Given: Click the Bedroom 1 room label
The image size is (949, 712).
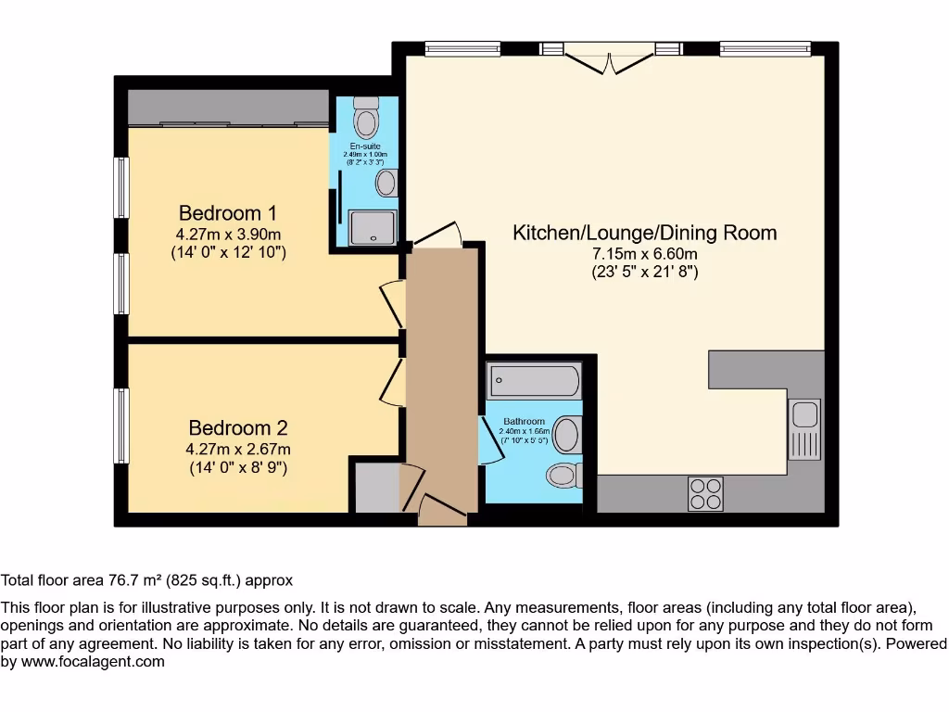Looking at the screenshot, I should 228,212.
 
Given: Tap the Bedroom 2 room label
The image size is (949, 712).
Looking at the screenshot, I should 237,427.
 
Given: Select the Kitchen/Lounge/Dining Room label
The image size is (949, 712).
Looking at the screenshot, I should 644,233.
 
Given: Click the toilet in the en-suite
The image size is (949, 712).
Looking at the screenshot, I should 368,118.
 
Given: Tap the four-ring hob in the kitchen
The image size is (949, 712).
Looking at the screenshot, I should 706,492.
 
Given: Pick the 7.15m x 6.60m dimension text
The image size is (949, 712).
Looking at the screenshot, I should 644,254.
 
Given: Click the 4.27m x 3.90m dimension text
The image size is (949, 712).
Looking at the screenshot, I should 228,234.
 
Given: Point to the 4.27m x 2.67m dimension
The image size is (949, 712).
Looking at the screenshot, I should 237,449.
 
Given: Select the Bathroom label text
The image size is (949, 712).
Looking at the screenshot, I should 524,422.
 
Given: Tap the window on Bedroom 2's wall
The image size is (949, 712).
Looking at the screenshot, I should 120,426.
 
